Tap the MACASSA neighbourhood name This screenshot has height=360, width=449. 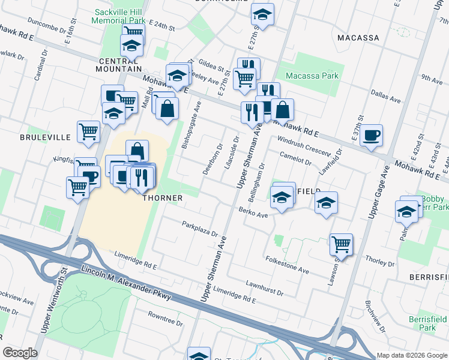358,38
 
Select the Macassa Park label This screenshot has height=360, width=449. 312,76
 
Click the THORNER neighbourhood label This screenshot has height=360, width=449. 161,198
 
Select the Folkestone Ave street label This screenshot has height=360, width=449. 286,265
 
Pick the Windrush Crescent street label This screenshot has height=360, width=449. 304,146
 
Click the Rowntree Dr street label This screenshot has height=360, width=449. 165,318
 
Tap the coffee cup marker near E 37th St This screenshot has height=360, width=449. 370,135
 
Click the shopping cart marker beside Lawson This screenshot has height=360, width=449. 341,244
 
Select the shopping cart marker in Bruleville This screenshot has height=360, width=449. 88,131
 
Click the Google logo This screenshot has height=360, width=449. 20,353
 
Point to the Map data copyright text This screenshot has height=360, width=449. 411,355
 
